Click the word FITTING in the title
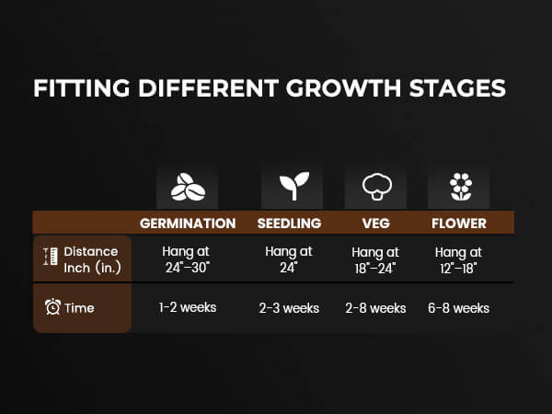coord(82,88)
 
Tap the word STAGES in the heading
coord(457,88)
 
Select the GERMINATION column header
coord(188,224)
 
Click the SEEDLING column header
coord(290,224)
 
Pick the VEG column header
coord(376,224)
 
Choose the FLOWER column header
coord(459,224)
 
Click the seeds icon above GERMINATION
coord(188,187)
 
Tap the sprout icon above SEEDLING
coord(294,186)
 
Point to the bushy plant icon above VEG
coord(377,187)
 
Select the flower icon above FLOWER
coord(461,187)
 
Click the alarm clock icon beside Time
coord(52,306)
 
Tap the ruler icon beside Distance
coord(51,257)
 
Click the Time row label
coord(79,308)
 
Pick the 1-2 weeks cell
coord(188,307)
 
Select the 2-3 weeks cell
coord(289,308)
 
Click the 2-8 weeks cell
coord(375,308)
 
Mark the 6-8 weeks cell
coord(459,308)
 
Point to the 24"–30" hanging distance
coord(188,268)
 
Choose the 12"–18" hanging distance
coord(459,269)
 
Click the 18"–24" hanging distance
coord(375,269)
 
